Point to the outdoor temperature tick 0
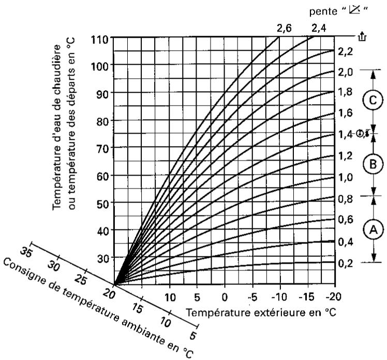tap(224, 298)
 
